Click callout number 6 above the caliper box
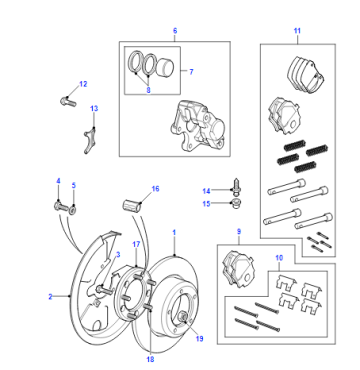pyautogui.click(x=175, y=31)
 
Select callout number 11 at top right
pyautogui.click(x=297, y=31)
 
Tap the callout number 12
pyautogui.click(x=83, y=84)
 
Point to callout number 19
pyautogui.click(x=199, y=339)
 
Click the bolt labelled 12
pyautogui.click(x=68, y=101)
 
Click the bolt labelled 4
pyautogui.click(x=61, y=207)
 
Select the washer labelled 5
pyautogui.click(x=73, y=210)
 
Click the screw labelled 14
pyautogui.click(x=237, y=185)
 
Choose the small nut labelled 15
pyautogui.click(x=237, y=204)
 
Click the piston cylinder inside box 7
pyautogui.click(x=165, y=66)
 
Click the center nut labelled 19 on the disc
pyautogui.click(x=183, y=317)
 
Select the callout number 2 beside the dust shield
pyautogui.click(x=50, y=297)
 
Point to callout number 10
pyautogui.click(x=279, y=258)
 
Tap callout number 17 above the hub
pyautogui.click(x=136, y=244)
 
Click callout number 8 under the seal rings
pyautogui.click(x=148, y=90)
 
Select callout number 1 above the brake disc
pyautogui.click(x=174, y=232)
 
